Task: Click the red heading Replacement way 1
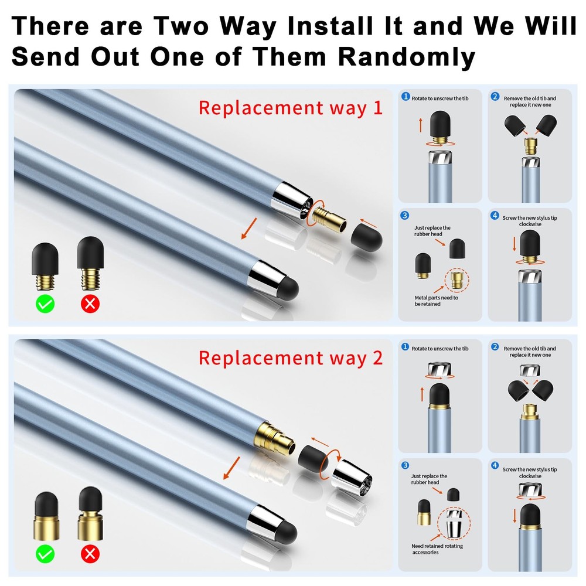290,108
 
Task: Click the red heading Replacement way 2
290,357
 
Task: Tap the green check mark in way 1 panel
45,304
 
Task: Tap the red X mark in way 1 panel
90,304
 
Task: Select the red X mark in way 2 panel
90,554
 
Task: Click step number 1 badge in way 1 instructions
405,97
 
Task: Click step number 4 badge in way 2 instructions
495,465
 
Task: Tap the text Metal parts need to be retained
436,301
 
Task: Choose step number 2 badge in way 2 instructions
495,347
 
